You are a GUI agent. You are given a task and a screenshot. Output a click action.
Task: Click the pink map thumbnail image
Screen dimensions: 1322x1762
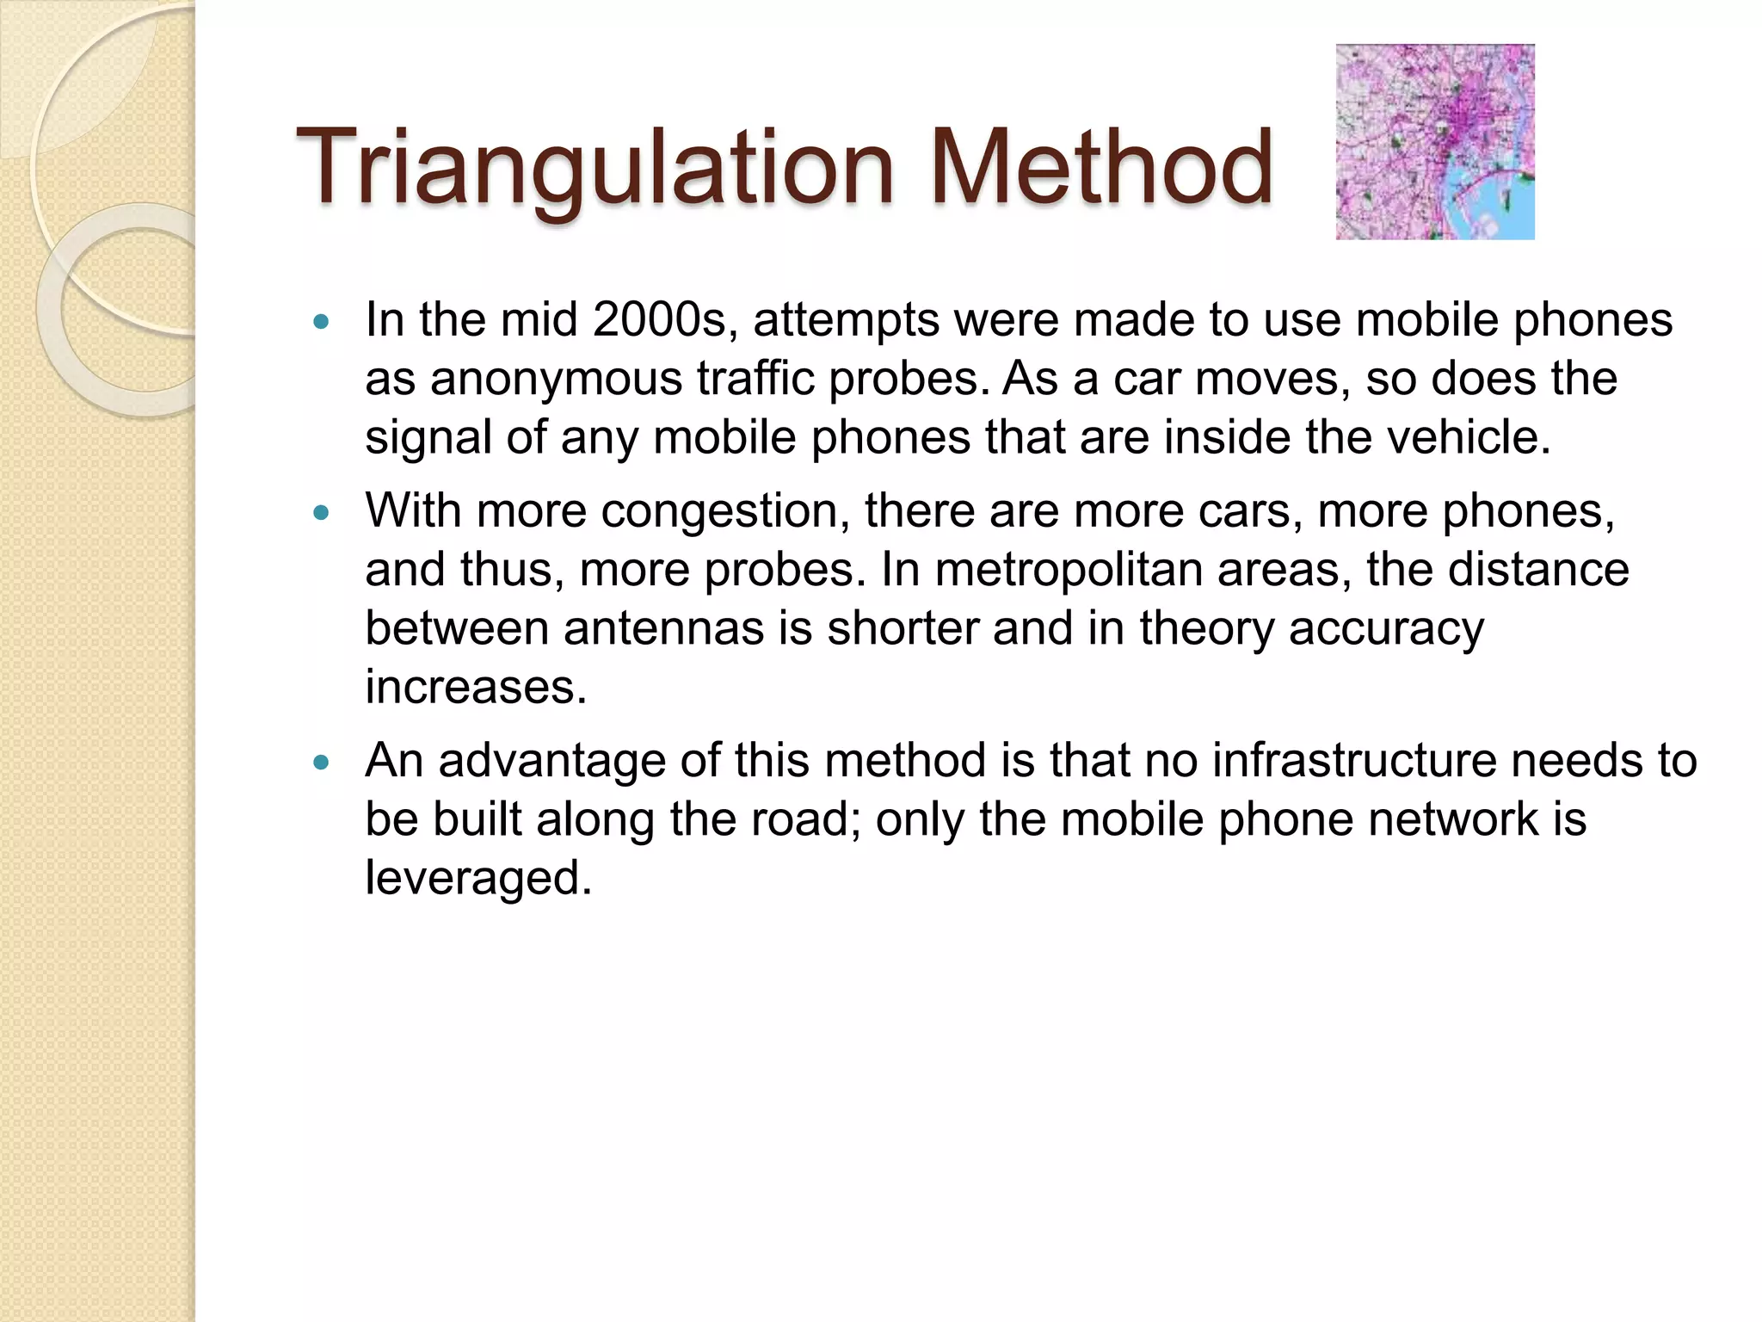pyautogui.click(x=1434, y=142)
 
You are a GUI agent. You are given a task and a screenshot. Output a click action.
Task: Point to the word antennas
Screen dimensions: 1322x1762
pyautogui.click(x=663, y=628)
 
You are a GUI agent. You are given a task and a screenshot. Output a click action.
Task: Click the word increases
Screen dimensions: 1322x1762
pyautogui.click(x=475, y=687)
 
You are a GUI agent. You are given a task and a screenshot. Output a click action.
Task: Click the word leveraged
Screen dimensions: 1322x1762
pyautogui.click(x=478, y=879)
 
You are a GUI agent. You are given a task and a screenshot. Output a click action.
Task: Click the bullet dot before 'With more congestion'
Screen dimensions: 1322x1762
pyautogui.click(x=322, y=513)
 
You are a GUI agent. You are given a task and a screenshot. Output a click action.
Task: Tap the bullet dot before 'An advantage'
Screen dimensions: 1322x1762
pyautogui.click(x=322, y=763)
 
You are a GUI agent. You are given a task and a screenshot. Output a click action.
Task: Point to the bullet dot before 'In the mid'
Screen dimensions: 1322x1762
pyautogui.click(x=322, y=323)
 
